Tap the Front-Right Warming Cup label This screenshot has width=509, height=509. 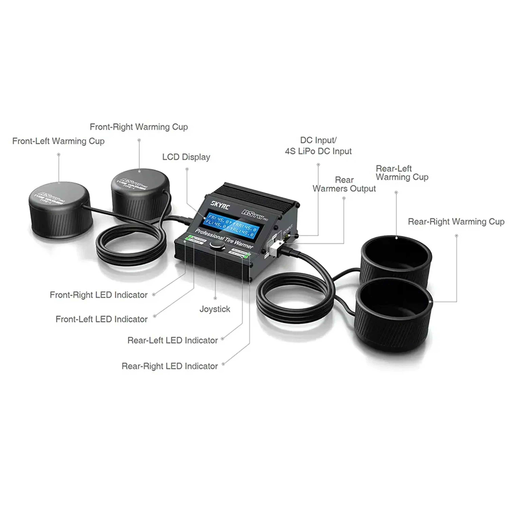[x=139, y=127]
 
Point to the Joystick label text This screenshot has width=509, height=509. [x=215, y=309]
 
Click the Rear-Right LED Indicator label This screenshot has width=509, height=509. [x=170, y=366]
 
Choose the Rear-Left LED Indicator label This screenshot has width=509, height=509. [x=173, y=340]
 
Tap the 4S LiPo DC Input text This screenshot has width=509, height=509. [x=318, y=151]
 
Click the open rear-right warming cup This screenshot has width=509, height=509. [x=394, y=315]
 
